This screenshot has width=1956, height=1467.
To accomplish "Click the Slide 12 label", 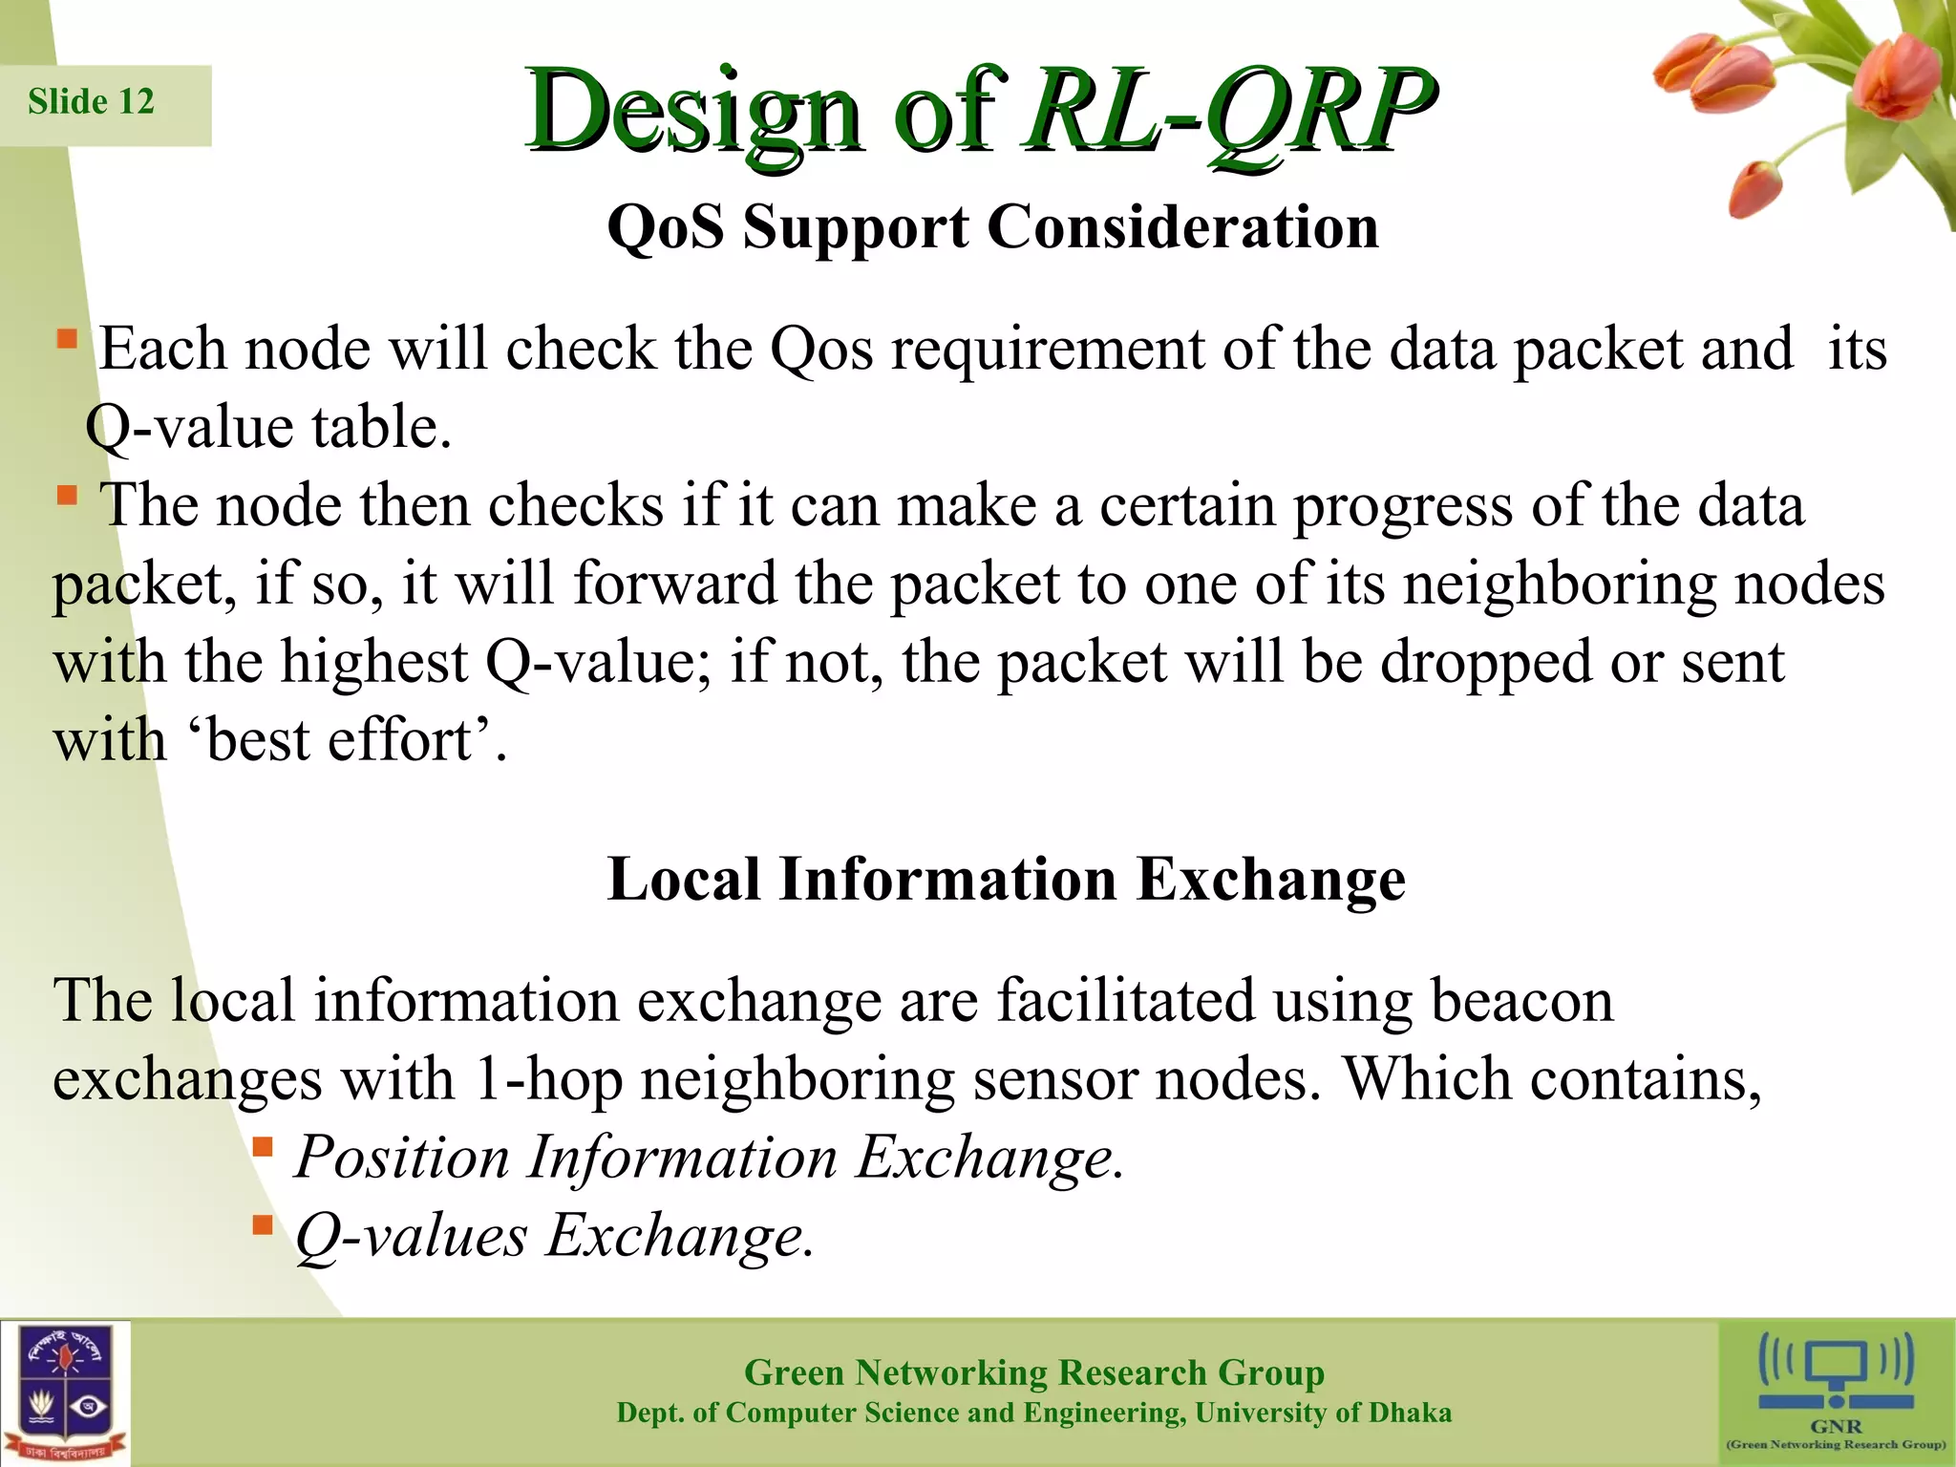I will (92, 102).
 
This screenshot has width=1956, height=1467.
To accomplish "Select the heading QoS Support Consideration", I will (993, 227).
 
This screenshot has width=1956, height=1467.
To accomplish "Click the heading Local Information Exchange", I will (1006, 879).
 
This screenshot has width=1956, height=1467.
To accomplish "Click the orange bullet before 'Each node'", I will (66, 339).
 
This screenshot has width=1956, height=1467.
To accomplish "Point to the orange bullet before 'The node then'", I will (66, 495).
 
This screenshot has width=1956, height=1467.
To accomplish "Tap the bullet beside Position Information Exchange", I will (263, 1146).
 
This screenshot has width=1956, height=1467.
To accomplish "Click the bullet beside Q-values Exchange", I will (263, 1224).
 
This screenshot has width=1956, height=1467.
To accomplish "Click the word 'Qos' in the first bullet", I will (821, 350).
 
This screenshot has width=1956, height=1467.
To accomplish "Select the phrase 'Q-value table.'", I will (268, 427).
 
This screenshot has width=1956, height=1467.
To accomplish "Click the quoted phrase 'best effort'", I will (340, 741).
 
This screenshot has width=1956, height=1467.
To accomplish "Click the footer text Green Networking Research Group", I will (1033, 1372).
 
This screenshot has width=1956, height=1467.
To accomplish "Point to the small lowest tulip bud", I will (1755, 189).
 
